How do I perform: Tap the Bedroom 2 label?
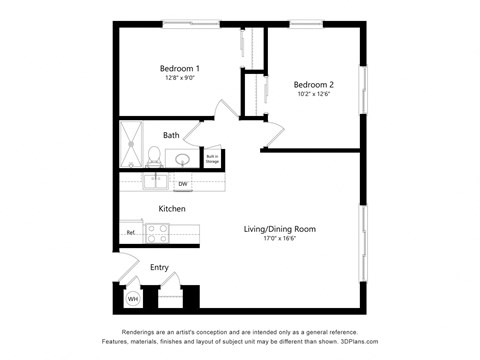(x=313, y=85)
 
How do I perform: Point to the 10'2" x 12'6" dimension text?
(x=313, y=95)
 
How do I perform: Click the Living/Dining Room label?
(x=280, y=229)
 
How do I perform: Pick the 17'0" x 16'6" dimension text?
(x=280, y=239)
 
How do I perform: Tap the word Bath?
(x=171, y=135)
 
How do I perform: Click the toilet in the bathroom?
(x=155, y=156)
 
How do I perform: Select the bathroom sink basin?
(x=184, y=159)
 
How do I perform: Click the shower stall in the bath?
(x=131, y=146)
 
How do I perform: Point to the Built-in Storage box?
(x=212, y=158)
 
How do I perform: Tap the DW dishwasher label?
(x=183, y=184)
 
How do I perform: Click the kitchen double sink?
(x=155, y=182)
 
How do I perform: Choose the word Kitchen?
(x=171, y=209)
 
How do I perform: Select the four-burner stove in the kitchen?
(x=158, y=233)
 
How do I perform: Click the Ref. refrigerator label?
(x=130, y=233)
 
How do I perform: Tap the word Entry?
(x=159, y=267)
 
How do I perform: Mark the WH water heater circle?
(x=132, y=299)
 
